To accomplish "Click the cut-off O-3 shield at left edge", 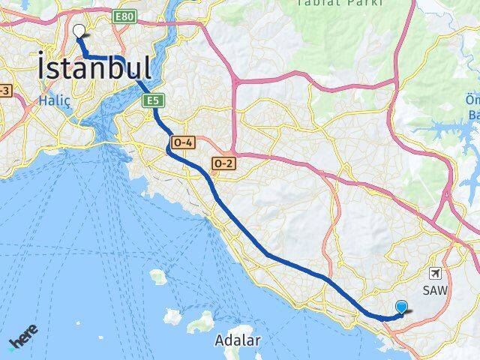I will click(5, 91).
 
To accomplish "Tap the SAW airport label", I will click(438, 289).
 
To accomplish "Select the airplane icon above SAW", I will click(438, 274).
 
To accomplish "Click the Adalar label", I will click(237, 340).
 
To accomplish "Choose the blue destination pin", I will click(401, 306).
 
